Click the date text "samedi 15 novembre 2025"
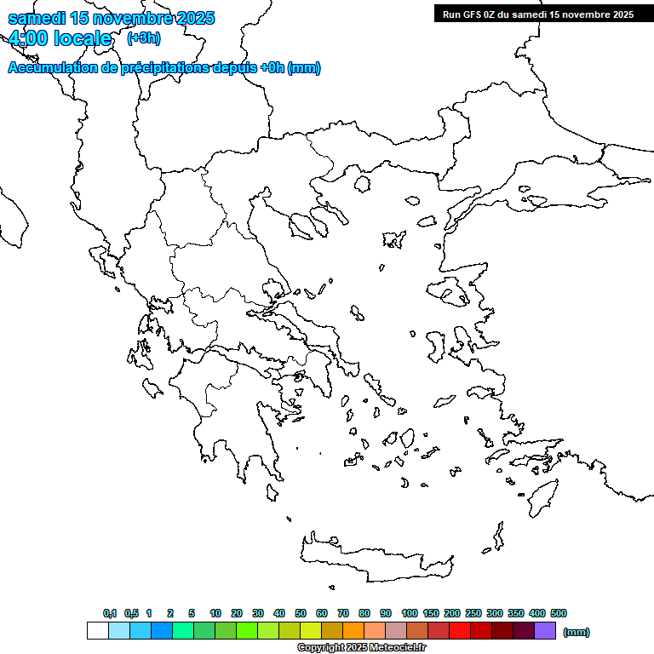[x=111, y=18]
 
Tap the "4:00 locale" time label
[x=60, y=38]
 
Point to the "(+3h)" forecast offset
[x=143, y=38]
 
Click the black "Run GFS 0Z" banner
[x=537, y=14]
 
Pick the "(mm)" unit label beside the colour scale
[x=577, y=632]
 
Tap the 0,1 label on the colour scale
[x=110, y=613]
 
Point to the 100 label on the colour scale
[x=409, y=613]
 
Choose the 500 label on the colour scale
[x=559, y=613]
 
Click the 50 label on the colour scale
[x=301, y=613]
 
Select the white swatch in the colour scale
[x=97, y=631]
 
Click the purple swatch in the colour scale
[x=545, y=631]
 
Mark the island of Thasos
[x=362, y=184]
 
